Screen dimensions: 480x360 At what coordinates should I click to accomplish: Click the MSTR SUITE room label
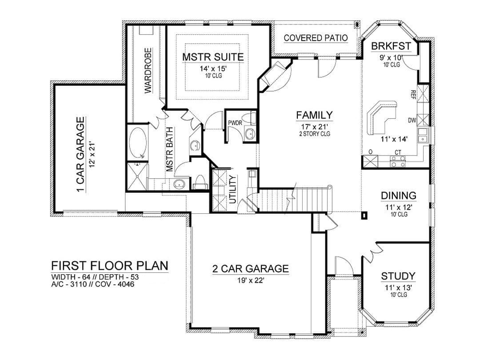[x=213, y=57]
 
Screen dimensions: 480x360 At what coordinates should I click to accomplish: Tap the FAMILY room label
[x=314, y=115]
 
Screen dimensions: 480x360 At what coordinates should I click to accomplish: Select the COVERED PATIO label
[x=316, y=38]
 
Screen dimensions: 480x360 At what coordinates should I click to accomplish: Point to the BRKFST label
[x=391, y=46]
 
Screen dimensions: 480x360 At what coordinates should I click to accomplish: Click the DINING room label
[x=399, y=195]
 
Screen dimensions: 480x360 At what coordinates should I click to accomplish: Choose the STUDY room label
[x=398, y=276]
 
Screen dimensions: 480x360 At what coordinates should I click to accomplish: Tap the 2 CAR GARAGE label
[x=251, y=268]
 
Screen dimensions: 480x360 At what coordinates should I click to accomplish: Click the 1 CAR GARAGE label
[x=80, y=155]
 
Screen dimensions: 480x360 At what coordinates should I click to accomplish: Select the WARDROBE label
[x=148, y=70]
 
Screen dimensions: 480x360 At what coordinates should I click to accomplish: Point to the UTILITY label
[x=232, y=189]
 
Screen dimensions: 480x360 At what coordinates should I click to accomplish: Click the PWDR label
[x=235, y=123]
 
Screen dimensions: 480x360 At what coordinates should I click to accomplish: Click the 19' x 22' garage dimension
[x=251, y=280]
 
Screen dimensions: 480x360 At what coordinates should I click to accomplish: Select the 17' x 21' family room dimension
[x=314, y=126]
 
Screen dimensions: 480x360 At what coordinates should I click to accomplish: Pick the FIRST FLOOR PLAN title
[x=110, y=265]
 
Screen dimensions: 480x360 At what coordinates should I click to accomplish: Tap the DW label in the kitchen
[x=412, y=120]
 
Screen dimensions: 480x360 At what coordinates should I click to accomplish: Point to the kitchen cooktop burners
[x=398, y=161]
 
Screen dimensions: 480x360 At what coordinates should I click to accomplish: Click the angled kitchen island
[x=381, y=117]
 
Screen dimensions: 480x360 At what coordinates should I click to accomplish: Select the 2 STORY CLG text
[x=314, y=133]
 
